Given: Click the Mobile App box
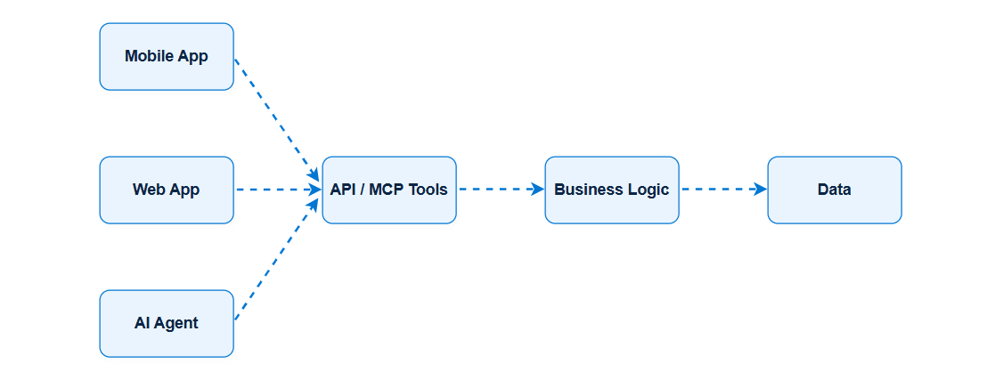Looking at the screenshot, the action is [167, 57].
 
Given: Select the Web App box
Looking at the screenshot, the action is [167, 190].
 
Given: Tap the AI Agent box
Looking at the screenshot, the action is [167, 323].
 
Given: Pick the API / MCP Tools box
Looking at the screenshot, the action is [389, 190].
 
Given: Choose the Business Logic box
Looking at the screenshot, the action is [612, 190].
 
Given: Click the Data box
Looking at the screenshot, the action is [835, 190].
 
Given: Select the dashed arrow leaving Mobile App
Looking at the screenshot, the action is [277, 119].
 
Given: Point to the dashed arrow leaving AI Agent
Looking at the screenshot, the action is [277, 259].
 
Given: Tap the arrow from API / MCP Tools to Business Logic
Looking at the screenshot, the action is [502, 190].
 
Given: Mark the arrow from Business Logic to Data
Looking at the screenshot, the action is [724, 190].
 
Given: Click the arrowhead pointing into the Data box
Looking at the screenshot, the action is [761, 190].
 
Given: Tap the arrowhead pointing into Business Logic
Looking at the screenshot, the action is [538, 190].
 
